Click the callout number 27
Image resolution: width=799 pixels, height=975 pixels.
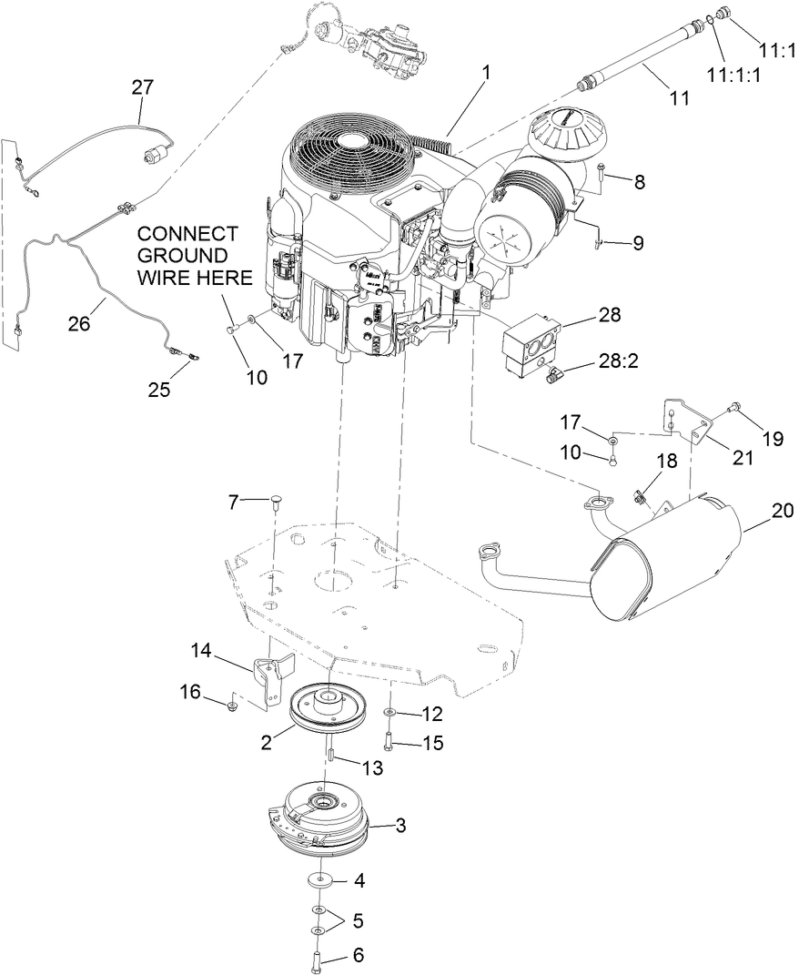pyautogui.click(x=142, y=87)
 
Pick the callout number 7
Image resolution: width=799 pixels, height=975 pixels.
pyautogui.click(x=234, y=501)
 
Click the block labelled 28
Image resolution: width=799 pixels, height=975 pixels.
pyautogui.click(x=531, y=343)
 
